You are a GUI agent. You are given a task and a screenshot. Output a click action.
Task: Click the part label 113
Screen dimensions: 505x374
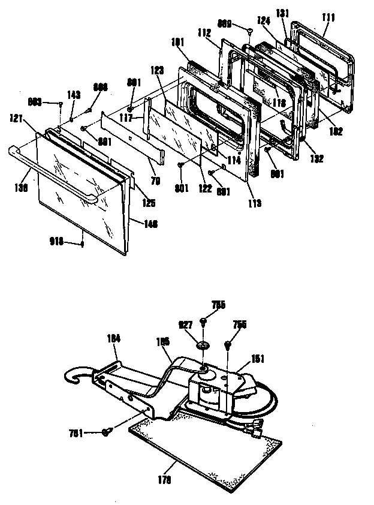(255, 203)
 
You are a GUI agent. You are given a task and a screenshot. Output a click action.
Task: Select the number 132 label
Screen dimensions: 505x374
(317, 159)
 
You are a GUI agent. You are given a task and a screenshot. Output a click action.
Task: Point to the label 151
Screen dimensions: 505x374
(257, 359)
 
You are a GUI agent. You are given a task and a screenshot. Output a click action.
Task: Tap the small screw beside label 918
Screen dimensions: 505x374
(82, 244)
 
